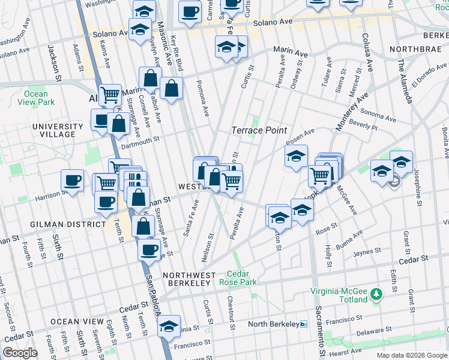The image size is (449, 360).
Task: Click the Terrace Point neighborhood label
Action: click(x=259, y=130)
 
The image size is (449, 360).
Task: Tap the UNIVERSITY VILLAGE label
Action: click(x=58, y=130)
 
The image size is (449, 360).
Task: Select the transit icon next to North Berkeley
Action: click(x=304, y=325)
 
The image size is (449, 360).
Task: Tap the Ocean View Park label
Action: click(x=36, y=98)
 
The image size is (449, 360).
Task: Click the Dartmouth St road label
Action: click(x=139, y=139)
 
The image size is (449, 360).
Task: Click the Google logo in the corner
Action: click(x=20, y=353)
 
